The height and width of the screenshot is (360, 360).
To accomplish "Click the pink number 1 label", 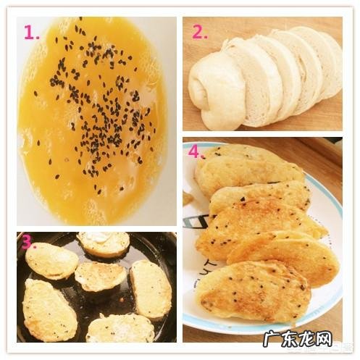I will point(30,32).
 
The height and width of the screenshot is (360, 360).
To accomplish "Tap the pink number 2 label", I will point(198,32).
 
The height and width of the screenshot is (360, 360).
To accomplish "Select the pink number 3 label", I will point(28,240).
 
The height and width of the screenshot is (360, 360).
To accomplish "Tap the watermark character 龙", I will point(304,339).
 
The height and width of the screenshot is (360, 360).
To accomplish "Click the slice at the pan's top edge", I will point(103,243).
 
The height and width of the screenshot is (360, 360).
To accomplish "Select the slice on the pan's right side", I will point(150,288).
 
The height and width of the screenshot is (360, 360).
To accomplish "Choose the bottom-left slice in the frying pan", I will point(49,309).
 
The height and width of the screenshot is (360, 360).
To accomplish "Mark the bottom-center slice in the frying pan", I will point(120,328).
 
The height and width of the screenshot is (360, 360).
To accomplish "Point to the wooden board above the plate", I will point(304,148).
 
